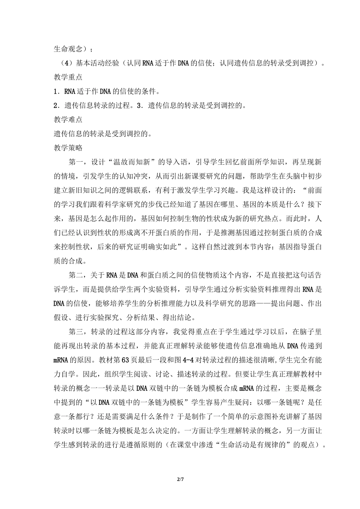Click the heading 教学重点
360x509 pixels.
[x=68, y=77]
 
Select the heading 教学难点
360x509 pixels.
[x=68, y=120]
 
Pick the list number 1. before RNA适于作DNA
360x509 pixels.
[x=57, y=92]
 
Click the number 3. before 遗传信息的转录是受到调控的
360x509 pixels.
[x=141, y=106]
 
